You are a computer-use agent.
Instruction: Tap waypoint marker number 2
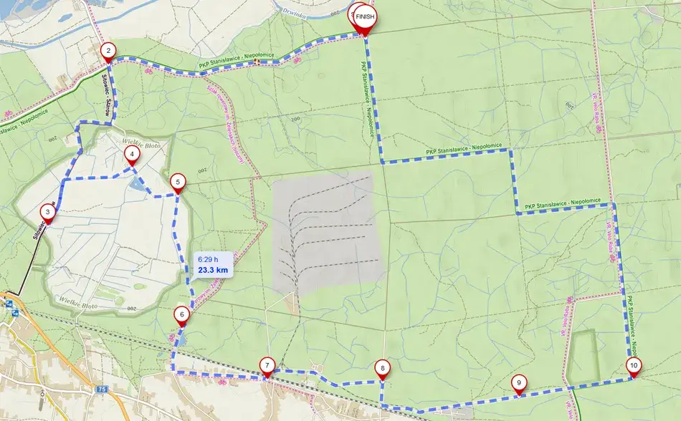pyautogui.click(x=108, y=50)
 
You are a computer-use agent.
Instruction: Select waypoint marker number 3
pyautogui.click(x=47, y=211)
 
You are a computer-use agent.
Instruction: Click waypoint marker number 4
pyautogui.click(x=131, y=153)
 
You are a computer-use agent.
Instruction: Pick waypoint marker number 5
pyautogui.click(x=178, y=182)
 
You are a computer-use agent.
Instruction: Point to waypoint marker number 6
pyautogui.click(x=182, y=314)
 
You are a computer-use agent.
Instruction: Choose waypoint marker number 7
pyautogui.click(x=267, y=365)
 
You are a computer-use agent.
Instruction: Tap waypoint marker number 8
pyautogui.click(x=383, y=369)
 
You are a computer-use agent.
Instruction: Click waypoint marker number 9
pyautogui.click(x=518, y=382)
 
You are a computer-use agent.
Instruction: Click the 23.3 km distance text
pyautogui.click(x=213, y=271)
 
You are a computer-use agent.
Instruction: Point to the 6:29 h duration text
pyautogui.click(x=208, y=258)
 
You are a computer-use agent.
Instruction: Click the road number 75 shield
pyautogui.click(x=103, y=389)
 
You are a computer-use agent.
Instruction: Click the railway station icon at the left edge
pyautogui.click(x=9, y=303)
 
